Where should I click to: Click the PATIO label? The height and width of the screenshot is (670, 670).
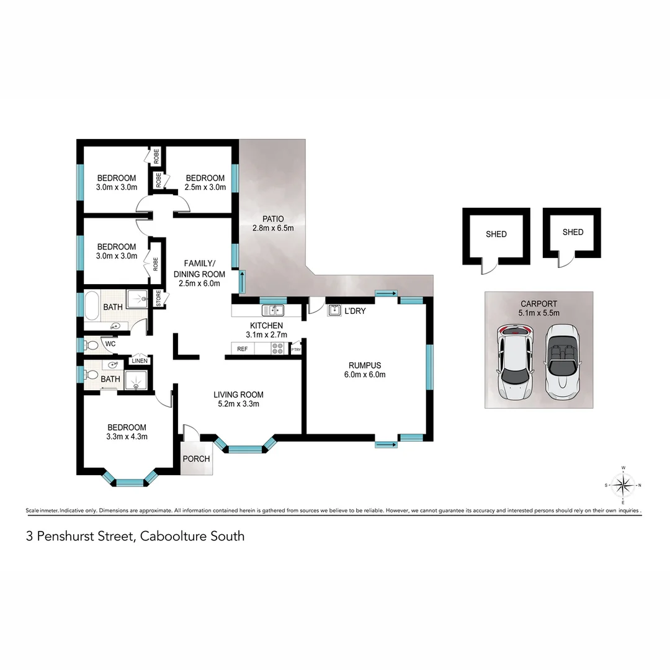click(272, 219)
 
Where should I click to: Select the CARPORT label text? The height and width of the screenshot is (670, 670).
click(539, 303)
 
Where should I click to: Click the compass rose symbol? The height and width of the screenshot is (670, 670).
click(623, 485)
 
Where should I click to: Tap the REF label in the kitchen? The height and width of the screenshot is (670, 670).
click(243, 349)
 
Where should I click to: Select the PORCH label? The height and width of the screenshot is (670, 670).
click(195, 459)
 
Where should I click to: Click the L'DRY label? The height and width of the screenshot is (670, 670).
click(355, 311)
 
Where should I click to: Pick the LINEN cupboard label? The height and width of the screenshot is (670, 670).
click(139, 361)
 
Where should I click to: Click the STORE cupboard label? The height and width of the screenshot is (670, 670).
click(159, 299)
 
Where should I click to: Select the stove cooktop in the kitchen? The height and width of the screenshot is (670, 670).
click(277, 349)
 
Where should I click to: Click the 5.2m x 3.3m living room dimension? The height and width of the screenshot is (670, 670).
click(238, 404)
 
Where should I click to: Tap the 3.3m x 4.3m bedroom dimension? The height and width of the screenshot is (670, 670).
click(127, 436)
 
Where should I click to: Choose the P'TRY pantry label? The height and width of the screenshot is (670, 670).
click(295, 350)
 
